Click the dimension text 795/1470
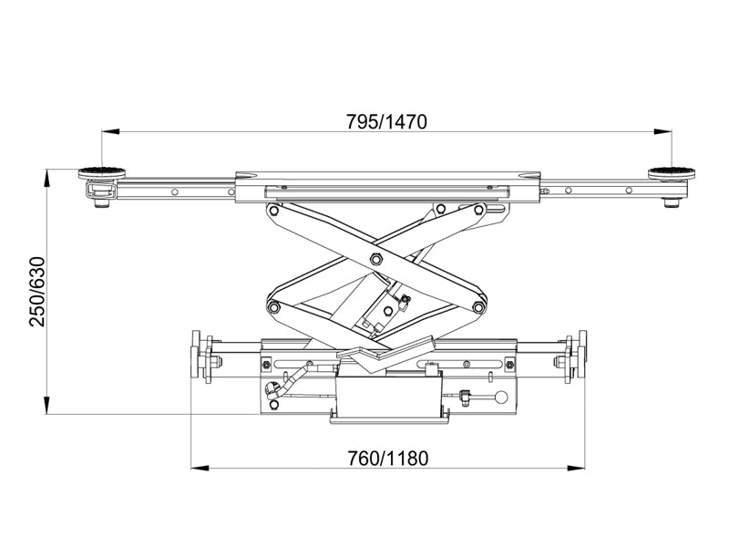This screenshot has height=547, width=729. click(x=385, y=120)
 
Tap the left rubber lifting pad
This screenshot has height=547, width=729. click(x=101, y=172)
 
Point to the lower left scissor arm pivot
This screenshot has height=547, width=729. click(x=272, y=308)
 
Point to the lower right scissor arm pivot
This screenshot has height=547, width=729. click(x=478, y=308)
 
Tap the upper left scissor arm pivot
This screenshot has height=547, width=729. click(x=272, y=210)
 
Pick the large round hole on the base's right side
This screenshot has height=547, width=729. click(x=499, y=397)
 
